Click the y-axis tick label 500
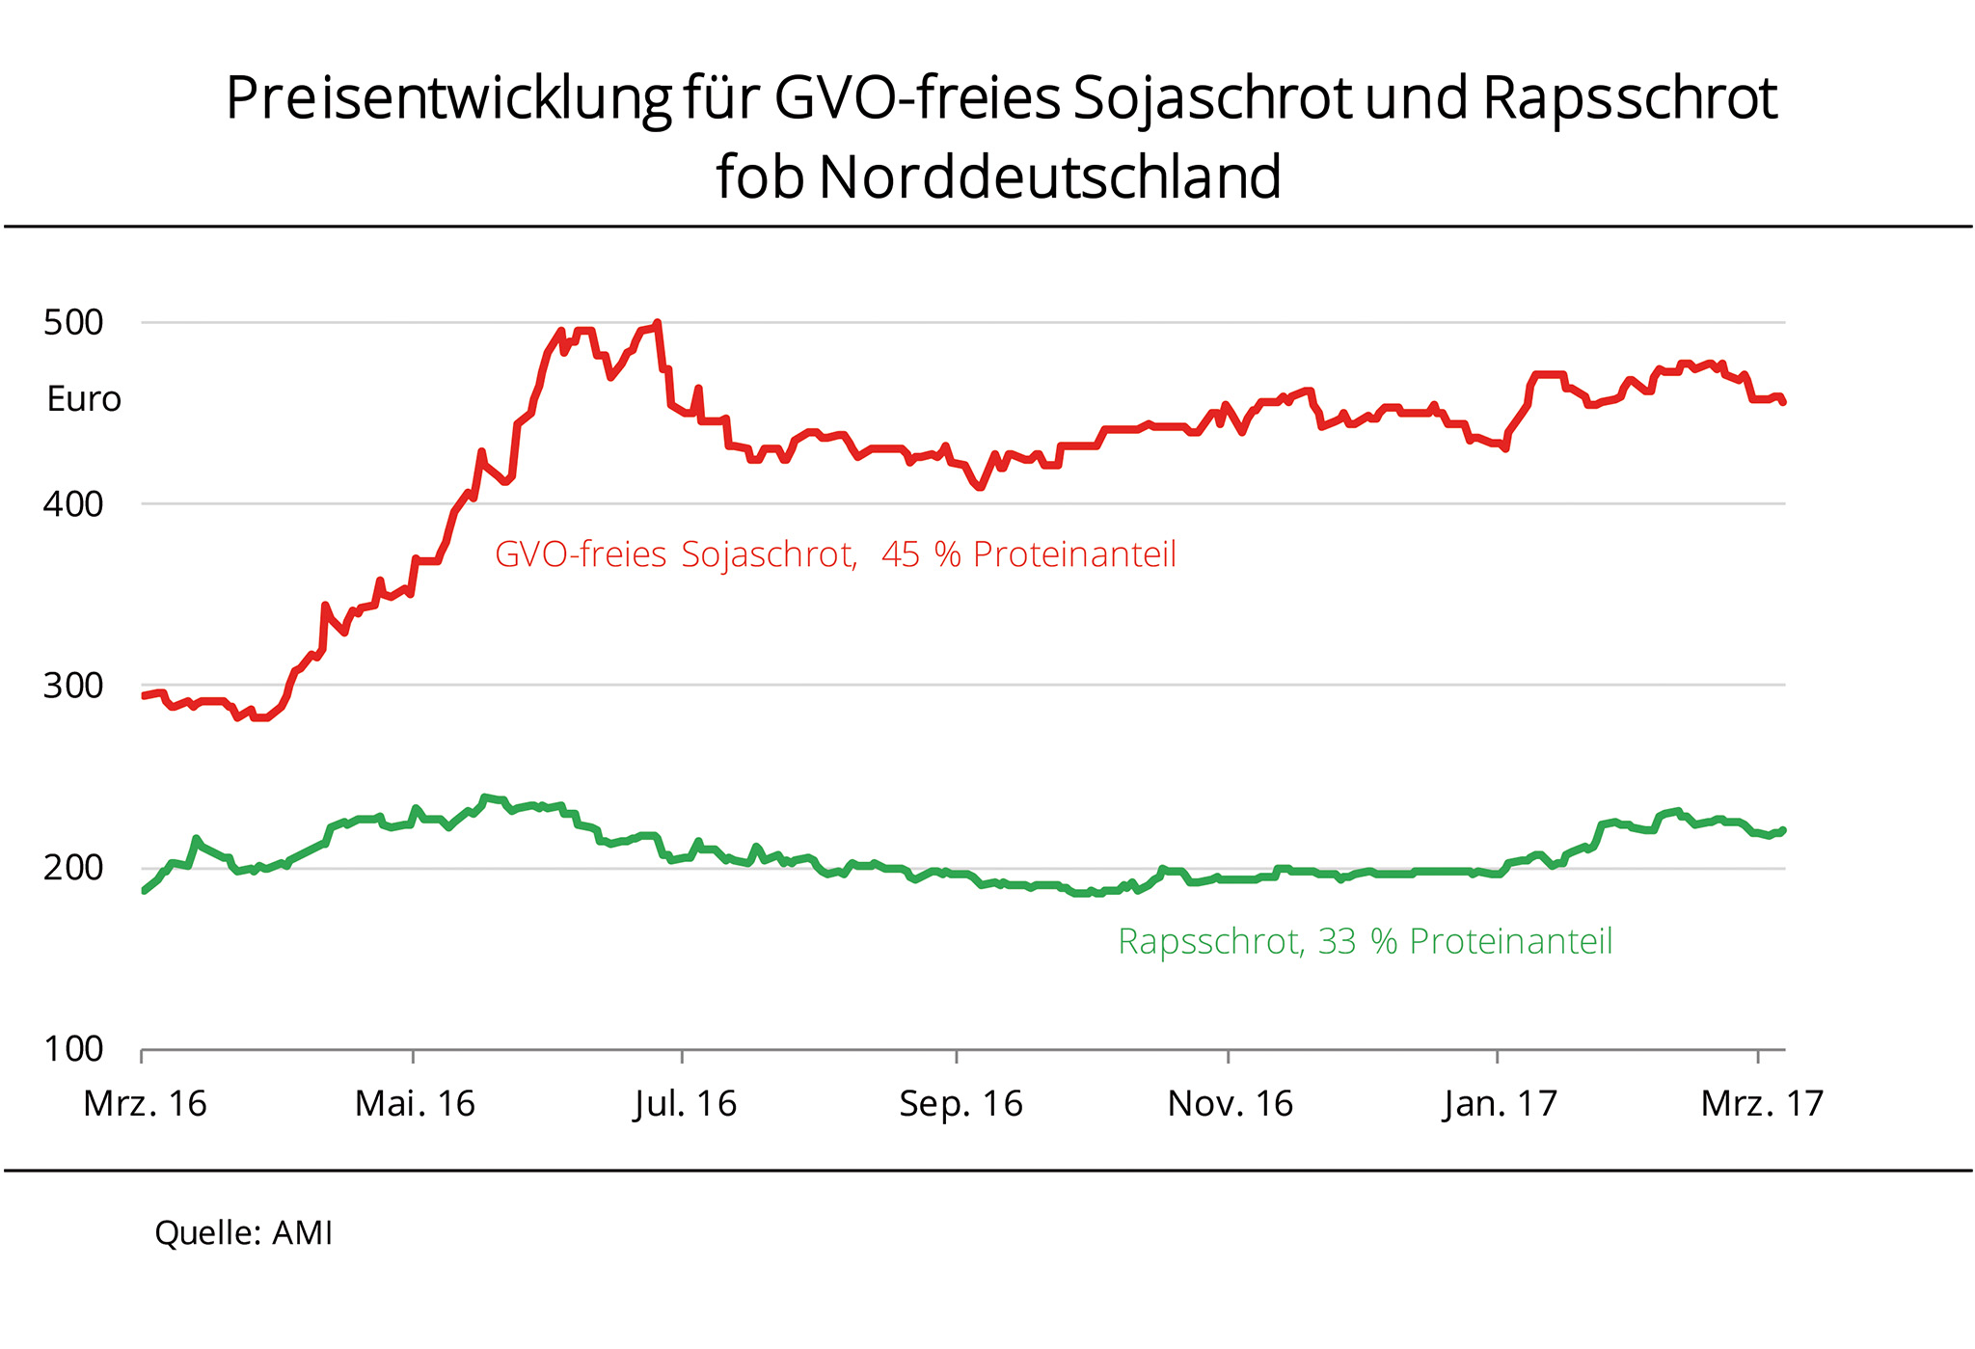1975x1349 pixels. click(73, 322)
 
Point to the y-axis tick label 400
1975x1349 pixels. click(73, 503)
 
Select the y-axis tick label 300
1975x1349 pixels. click(73, 686)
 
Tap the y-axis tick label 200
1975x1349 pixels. click(73, 868)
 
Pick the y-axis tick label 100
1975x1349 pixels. click(73, 1048)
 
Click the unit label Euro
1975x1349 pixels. click(84, 399)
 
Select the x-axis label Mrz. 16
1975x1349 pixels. click(145, 1103)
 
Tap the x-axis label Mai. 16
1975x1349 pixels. click(415, 1103)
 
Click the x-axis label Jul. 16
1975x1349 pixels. click(685, 1103)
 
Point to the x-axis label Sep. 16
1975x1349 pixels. click(960, 1103)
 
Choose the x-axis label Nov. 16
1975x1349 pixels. click(1230, 1103)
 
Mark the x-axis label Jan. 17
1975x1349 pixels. click(1500, 1103)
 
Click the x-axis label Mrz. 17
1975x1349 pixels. click(1762, 1103)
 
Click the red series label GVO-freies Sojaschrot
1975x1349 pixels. click(675, 554)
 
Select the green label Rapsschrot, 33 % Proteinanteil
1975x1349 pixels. click(1365, 941)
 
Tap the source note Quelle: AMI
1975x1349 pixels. click(243, 1232)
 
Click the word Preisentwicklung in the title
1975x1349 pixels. click(448, 98)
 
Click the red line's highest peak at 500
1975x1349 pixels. click(657, 323)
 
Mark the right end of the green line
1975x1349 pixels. click(1783, 830)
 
